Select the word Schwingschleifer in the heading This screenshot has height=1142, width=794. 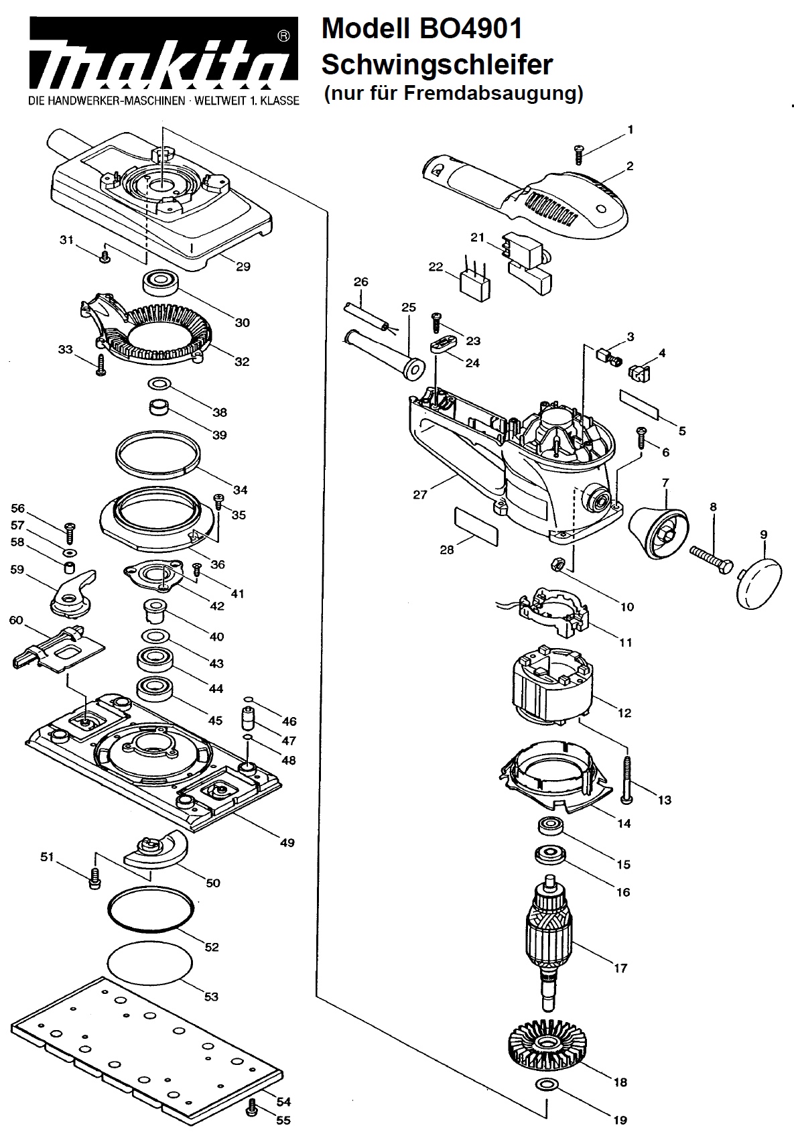[438, 65]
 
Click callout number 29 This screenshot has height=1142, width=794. [243, 266]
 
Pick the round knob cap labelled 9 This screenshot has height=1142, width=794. [759, 583]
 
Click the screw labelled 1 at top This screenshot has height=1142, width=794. [578, 154]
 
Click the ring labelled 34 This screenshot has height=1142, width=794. [157, 453]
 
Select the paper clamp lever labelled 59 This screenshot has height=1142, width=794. [72, 592]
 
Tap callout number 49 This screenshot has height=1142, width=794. [287, 842]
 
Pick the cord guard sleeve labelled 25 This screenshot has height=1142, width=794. [385, 353]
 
